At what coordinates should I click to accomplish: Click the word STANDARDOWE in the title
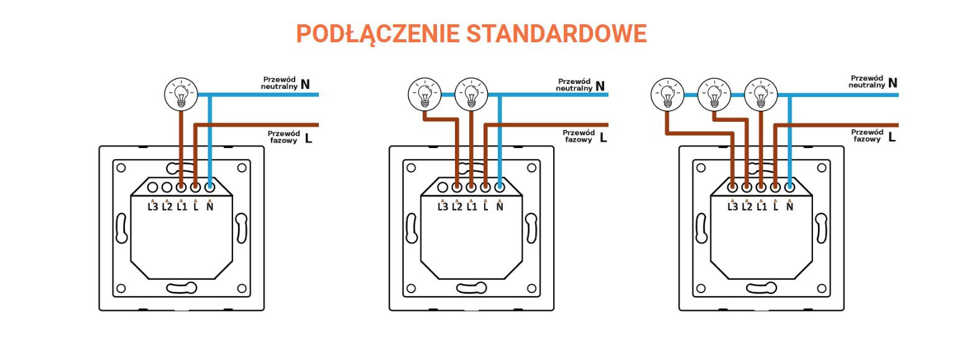pyautogui.click(x=557, y=34)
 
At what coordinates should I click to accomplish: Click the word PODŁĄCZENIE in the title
pyautogui.click(x=378, y=34)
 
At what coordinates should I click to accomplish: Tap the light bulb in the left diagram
pyautogui.click(x=181, y=95)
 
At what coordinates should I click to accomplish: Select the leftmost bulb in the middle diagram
pyautogui.click(x=425, y=95)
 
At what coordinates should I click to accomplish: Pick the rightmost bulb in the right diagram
pyautogui.click(x=761, y=95)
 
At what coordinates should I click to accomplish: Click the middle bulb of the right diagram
pyautogui.click(x=714, y=95)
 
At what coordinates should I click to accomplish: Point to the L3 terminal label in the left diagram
pyautogui.click(x=153, y=207)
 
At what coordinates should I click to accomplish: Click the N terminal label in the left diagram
pyautogui.click(x=210, y=207)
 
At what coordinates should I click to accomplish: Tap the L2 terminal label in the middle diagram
pyautogui.click(x=457, y=207)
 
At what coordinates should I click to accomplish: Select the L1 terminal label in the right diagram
pyautogui.click(x=761, y=207)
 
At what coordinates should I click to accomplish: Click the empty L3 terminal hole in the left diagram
pyautogui.click(x=152, y=187)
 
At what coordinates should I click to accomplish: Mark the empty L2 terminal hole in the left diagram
pyautogui.click(x=167, y=187)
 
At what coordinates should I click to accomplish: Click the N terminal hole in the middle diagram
pyautogui.click(x=500, y=187)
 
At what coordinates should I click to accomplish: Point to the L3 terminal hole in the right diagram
pyautogui.click(x=732, y=187)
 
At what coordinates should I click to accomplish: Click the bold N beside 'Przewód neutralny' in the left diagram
pyautogui.click(x=305, y=84)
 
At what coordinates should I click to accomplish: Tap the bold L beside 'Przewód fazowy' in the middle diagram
pyautogui.click(x=604, y=137)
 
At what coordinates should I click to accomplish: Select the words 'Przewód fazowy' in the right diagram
pyautogui.click(x=867, y=136)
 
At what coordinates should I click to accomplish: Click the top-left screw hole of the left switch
pyautogui.click(x=121, y=168)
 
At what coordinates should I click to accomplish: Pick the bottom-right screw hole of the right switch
pyautogui.click(x=822, y=288)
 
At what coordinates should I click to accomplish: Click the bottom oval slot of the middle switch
pyautogui.click(x=472, y=288)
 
